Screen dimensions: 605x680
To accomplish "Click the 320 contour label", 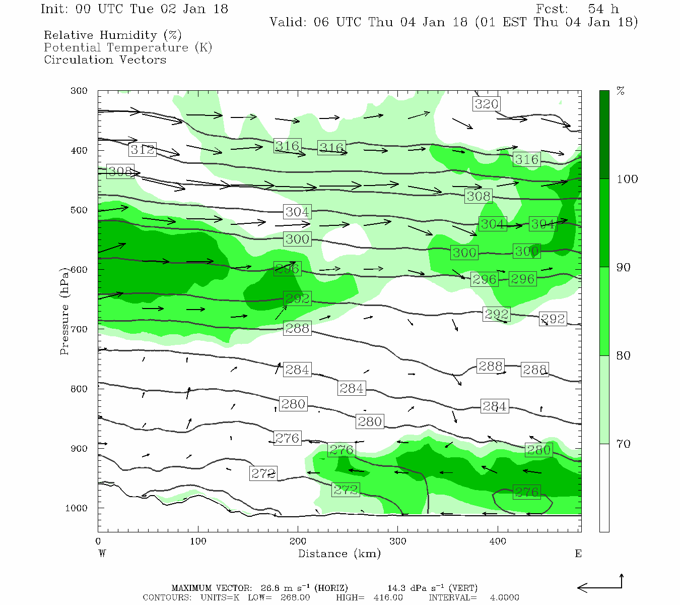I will [487, 104].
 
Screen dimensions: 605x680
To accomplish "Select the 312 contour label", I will [143, 149].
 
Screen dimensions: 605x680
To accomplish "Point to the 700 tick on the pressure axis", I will [79, 329].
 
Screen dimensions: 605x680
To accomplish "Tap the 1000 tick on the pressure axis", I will [77, 508].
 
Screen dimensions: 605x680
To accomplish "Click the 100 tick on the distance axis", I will [198, 541].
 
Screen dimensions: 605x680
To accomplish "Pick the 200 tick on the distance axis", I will [298, 541].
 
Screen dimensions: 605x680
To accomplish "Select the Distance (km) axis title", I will [339, 554].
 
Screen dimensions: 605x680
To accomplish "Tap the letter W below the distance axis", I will [102, 554].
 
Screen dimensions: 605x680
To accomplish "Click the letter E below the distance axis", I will [578, 554].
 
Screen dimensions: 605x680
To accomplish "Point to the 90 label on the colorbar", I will [624, 267].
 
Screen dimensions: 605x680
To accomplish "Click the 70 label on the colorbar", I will [624, 444].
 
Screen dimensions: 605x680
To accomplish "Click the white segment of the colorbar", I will [604, 488].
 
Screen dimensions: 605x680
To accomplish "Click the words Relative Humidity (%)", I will [113, 35].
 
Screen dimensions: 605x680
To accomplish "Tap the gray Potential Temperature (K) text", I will [128, 47].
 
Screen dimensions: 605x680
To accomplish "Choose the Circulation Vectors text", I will [105, 59].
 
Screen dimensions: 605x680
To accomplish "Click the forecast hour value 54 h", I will [603, 9].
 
